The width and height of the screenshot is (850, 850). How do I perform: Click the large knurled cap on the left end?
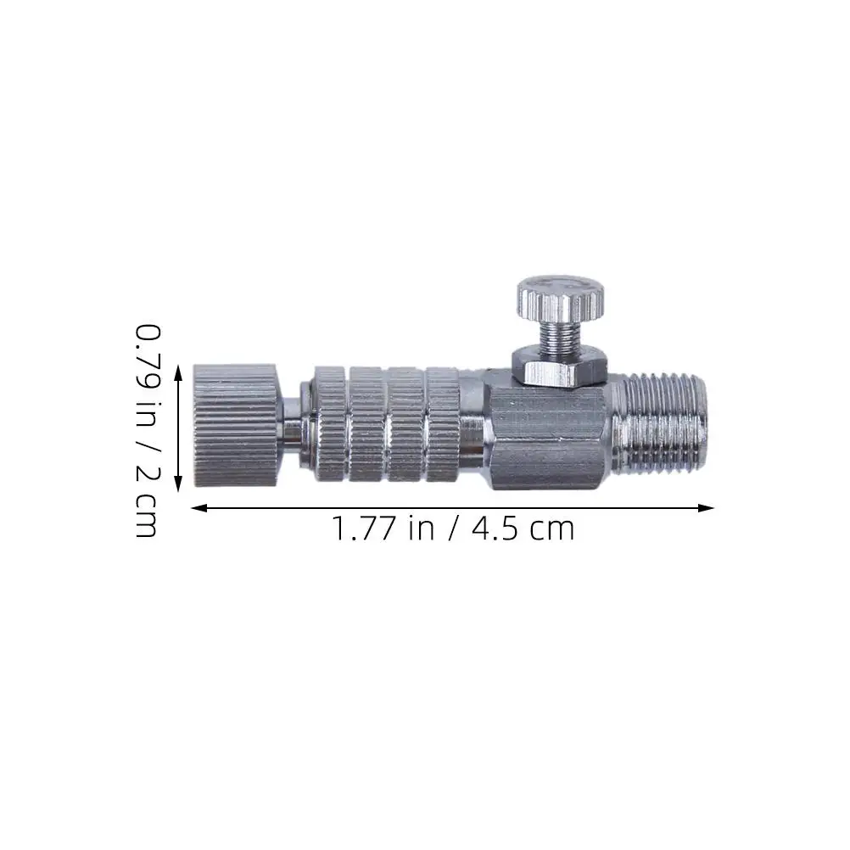pyautogui.click(x=236, y=423)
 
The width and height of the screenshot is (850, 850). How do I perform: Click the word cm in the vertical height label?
pyautogui.click(x=147, y=515)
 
